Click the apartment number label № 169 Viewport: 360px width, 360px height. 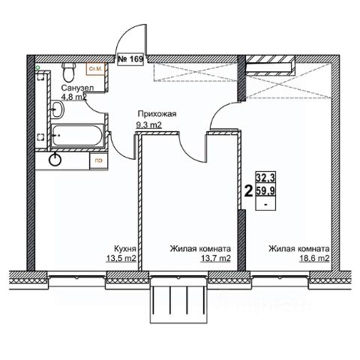(130, 59)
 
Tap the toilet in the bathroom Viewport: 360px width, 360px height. (68, 72)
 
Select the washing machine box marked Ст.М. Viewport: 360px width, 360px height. (95, 69)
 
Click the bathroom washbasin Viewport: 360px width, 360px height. (58, 109)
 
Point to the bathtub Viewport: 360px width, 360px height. (77, 135)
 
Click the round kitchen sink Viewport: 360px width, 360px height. (55, 160)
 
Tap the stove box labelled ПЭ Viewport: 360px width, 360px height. (98, 160)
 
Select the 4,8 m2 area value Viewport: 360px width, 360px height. (74, 97)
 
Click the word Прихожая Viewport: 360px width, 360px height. (157, 114)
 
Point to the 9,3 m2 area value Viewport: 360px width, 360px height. (148, 124)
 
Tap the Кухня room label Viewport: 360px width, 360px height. (125, 249)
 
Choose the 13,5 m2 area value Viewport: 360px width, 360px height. (121, 259)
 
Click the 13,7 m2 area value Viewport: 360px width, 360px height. (215, 259)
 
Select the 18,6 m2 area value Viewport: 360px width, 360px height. (314, 259)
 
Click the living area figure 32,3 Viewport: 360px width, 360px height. (265, 178)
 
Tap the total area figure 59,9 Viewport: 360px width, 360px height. (265, 190)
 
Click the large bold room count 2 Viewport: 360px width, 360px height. (248, 192)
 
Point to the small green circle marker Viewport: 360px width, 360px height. (38, 67)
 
